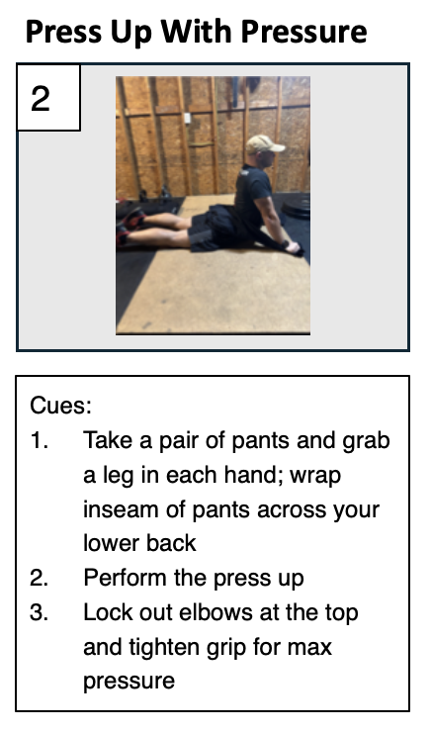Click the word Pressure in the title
(x=303, y=32)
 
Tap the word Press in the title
(x=64, y=32)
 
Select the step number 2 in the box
(x=41, y=99)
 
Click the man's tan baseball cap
(x=264, y=143)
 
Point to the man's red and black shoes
(x=131, y=228)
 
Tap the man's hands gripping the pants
(x=293, y=247)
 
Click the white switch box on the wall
(x=188, y=118)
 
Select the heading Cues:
(x=60, y=406)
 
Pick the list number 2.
(x=40, y=578)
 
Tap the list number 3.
(x=40, y=612)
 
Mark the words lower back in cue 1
(x=139, y=543)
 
